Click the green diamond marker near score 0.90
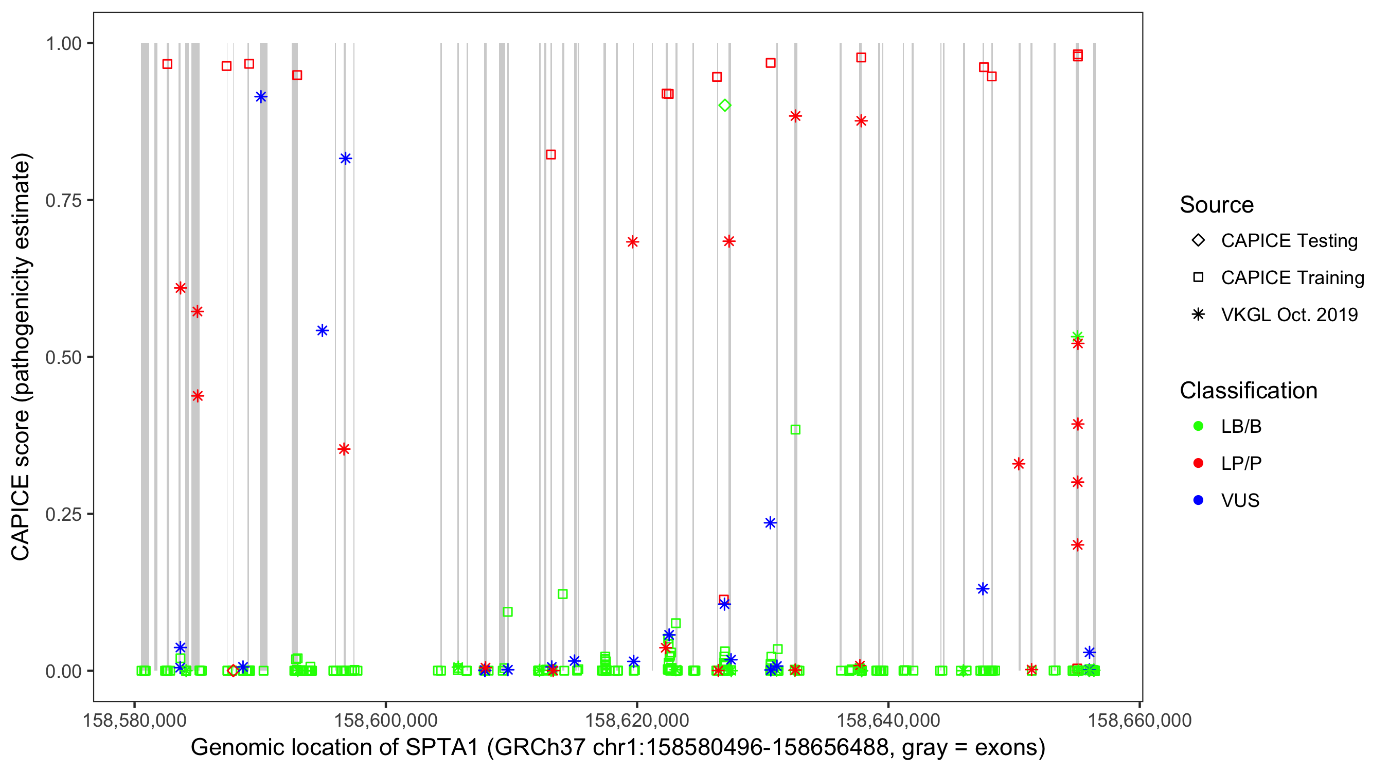(x=725, y=105)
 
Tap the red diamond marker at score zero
(x=233, y=671)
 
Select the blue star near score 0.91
(x=261, y=97)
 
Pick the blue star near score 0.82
(x=346, y=159)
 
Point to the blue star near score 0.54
(x=323, y=331)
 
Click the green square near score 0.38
(x=795, y=429)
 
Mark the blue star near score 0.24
(x=770, y=523)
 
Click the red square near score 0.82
(x=550, y=155)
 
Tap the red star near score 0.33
(x=1019, y=464)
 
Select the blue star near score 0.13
(x=983, y=589)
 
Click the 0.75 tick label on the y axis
(x=63, y=201)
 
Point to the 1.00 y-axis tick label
(x=63, y=44)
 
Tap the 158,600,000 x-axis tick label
(x=385, y=720)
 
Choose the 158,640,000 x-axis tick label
(x=888, y=720)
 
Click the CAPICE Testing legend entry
(x=1289, y=241)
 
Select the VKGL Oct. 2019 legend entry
(x=1289, y=314)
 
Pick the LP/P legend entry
(x=1241, y=463)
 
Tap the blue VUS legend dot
(x=1199, y=500)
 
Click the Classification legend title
(x=1248, y=391)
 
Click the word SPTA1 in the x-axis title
(x=442, y=748)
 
